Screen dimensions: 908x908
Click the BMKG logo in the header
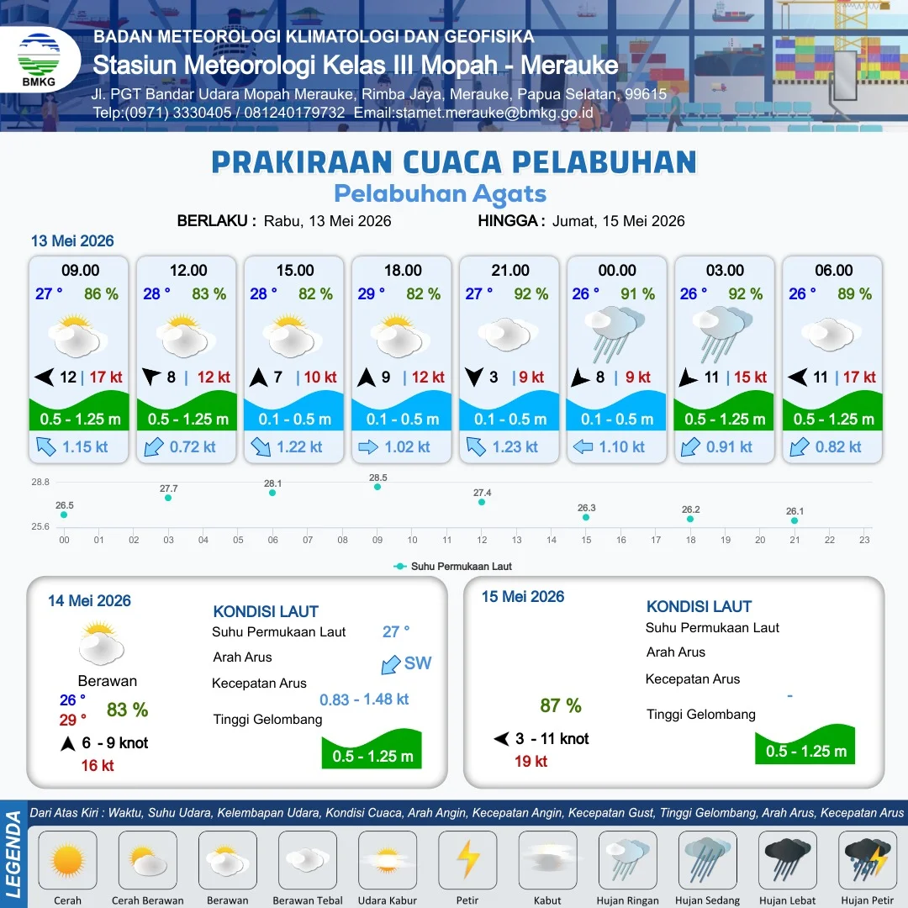coord(39,60)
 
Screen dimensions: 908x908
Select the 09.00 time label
coord(81,271)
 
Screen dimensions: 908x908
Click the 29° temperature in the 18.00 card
coord(372,294)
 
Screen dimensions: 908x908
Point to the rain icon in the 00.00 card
coord(615,333)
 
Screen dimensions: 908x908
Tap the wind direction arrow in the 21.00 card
coord(473,377)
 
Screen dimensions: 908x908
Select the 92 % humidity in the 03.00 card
coord(745,294)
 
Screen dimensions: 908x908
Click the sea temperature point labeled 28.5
coord(377,487)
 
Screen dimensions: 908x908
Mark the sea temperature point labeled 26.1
coord(794,520)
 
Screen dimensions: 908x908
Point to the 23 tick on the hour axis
coord(864,540)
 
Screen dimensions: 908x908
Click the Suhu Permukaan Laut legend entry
coord(453,567)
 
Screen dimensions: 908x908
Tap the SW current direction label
coord(418,663)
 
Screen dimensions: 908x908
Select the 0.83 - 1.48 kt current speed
coord(364,699)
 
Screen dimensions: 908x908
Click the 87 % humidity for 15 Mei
coord(561,705)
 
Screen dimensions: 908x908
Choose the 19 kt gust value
coord(531,762)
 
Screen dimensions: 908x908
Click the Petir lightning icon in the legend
coord(467,859)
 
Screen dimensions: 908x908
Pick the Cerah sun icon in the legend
coord(67,859)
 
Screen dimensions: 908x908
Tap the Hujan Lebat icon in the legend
coord(788,859)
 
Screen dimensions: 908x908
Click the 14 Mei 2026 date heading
coord(89,601)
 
